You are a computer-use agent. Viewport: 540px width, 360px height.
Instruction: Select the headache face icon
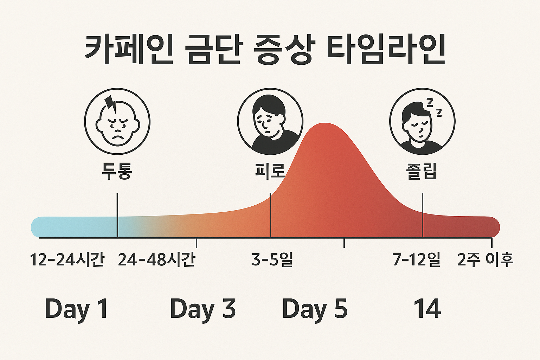tap(117, 121)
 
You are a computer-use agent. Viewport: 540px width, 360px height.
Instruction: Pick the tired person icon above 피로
tap(270, 121)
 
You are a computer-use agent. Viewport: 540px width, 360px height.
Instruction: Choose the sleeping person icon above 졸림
tap(422, 121)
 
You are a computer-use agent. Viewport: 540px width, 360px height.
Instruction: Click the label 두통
tap(117, 171)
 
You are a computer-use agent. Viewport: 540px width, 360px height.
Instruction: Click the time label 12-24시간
tap(67, 260)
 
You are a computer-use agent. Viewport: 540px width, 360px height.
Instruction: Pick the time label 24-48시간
tap(156, 260)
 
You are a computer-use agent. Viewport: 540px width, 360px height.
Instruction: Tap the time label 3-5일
tap(272, 260)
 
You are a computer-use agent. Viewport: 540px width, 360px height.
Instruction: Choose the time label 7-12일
tap(417, 260)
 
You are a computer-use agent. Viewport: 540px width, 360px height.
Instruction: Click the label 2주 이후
tap(485, 260)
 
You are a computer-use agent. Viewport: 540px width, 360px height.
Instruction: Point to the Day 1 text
tap(76, 309)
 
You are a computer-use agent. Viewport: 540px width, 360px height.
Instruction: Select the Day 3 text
tap(202, 309)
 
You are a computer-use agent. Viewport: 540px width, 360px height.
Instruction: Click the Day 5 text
tap(315, 309)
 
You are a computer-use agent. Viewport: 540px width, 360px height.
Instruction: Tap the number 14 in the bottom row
tap(427, 309)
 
